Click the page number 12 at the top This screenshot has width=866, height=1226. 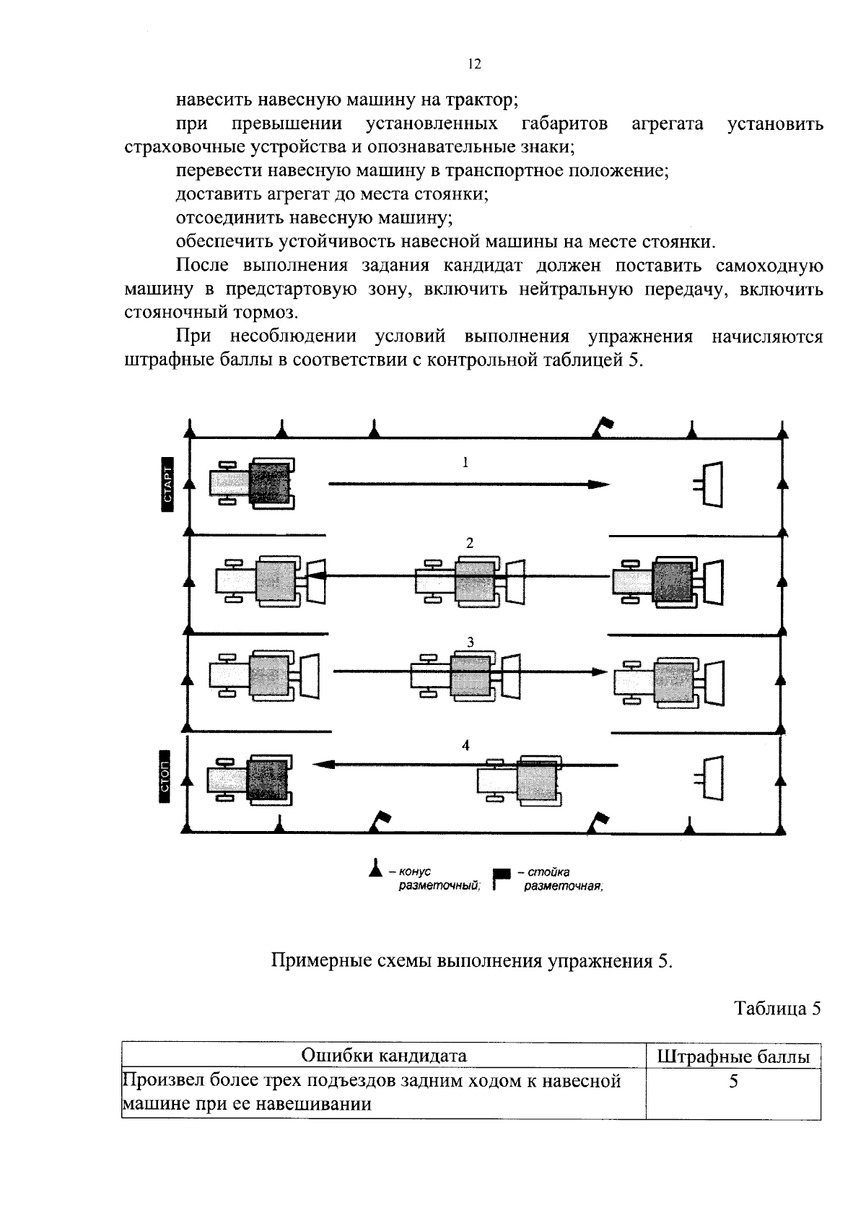click(x=473, y=64)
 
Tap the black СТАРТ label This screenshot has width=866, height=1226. click(x=167, y=485)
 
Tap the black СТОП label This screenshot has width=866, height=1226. click(x=165, y=781)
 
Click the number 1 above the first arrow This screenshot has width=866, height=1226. click(x=465, y=462)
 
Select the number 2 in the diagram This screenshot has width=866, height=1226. click(x=470, y=543)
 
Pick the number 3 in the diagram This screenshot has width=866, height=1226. click(x=470, y=642)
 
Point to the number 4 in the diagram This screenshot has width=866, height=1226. click(x=466, y=744)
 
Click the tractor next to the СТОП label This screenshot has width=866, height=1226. click(x=250, y=779)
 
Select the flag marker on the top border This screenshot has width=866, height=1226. click(x=601, y=427)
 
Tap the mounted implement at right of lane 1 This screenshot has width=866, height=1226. click(x=710, y=484)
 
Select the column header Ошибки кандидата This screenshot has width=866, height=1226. click(x=383, y=1056)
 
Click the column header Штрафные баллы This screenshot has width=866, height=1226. click(x=733, y=1057)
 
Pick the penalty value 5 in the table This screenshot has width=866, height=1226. click(x=733, y=1082)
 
